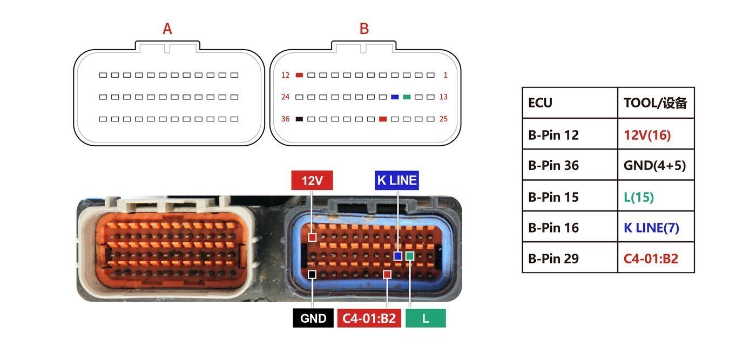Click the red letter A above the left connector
click(x=167, y=29)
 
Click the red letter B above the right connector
click(x=364, y=29)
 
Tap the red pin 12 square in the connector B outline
click(x=299, y=75)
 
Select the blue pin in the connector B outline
click(x=395, y=97)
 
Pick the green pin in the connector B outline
click(x=407, y=97)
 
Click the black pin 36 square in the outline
click(x=299, y=119)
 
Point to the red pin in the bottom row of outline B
click(x=383, y=119)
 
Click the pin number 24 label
click(x=286, y=97)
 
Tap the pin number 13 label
click(x=443, y=97)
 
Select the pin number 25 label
click(x=443, y=119)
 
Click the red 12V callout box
click(x=312, y=180)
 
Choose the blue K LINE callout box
click(x=396, y=180)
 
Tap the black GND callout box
click(x=313, y=318)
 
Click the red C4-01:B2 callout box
click(x=369, y=318)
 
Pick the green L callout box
click(x=426, y=318)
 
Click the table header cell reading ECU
click(x=570, y=103)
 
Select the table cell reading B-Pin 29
click(x=570, y=259)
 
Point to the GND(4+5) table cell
click(x=656, y=165)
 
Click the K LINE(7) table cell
click(x=656, y=228)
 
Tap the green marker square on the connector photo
click(x=410, y=256)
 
